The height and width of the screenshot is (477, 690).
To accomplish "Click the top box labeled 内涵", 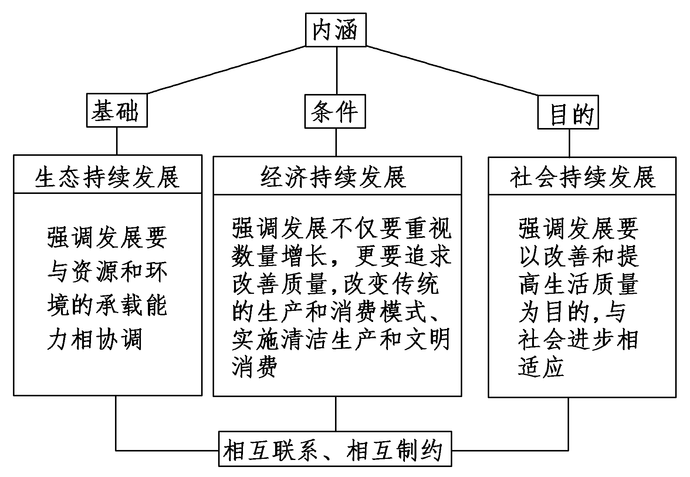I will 335,30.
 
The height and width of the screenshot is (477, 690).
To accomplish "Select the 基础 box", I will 116,111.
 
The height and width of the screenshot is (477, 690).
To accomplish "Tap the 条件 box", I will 335,112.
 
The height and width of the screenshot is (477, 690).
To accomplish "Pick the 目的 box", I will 568,112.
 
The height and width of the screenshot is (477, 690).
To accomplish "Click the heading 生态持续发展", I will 108,177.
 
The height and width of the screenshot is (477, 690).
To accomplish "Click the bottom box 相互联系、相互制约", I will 335,449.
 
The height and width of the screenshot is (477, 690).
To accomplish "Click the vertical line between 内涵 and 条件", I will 336,70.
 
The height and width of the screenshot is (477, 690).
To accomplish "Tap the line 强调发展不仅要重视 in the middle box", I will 342,229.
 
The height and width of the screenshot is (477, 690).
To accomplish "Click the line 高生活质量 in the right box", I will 578,284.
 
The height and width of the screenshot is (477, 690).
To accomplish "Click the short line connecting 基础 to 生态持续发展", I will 117,141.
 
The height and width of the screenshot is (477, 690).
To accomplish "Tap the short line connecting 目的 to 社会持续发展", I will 569,143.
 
